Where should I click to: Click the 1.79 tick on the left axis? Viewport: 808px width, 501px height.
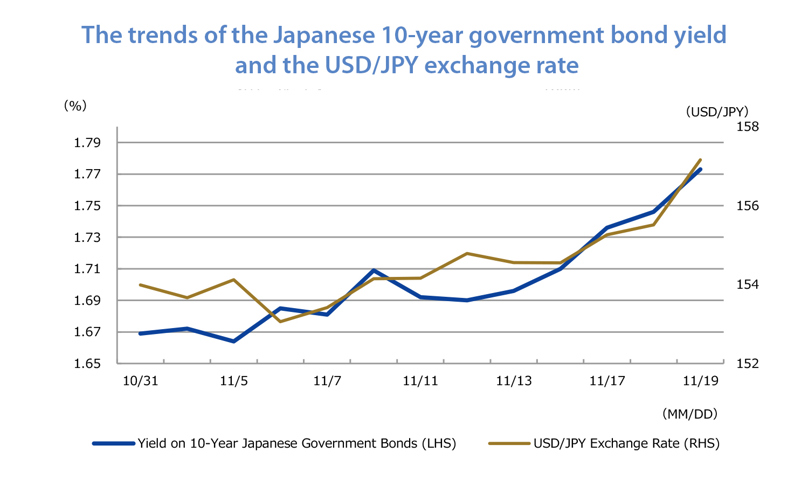click(87, 143)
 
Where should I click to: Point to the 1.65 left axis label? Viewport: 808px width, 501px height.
click(87, 364)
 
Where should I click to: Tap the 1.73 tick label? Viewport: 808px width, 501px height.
click(87, 238)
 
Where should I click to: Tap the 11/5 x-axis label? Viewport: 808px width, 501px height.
click(233, 381)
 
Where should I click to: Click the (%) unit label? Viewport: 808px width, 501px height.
click(75, 104)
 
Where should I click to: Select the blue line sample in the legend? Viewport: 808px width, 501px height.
click(112, 443)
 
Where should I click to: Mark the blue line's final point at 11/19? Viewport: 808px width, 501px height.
click(700, 169)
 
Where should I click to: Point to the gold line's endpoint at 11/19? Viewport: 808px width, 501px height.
click(700, 160)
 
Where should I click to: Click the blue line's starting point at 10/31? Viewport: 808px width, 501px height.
click(140, 333)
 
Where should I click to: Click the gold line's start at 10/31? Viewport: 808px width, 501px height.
click(140, 285)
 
